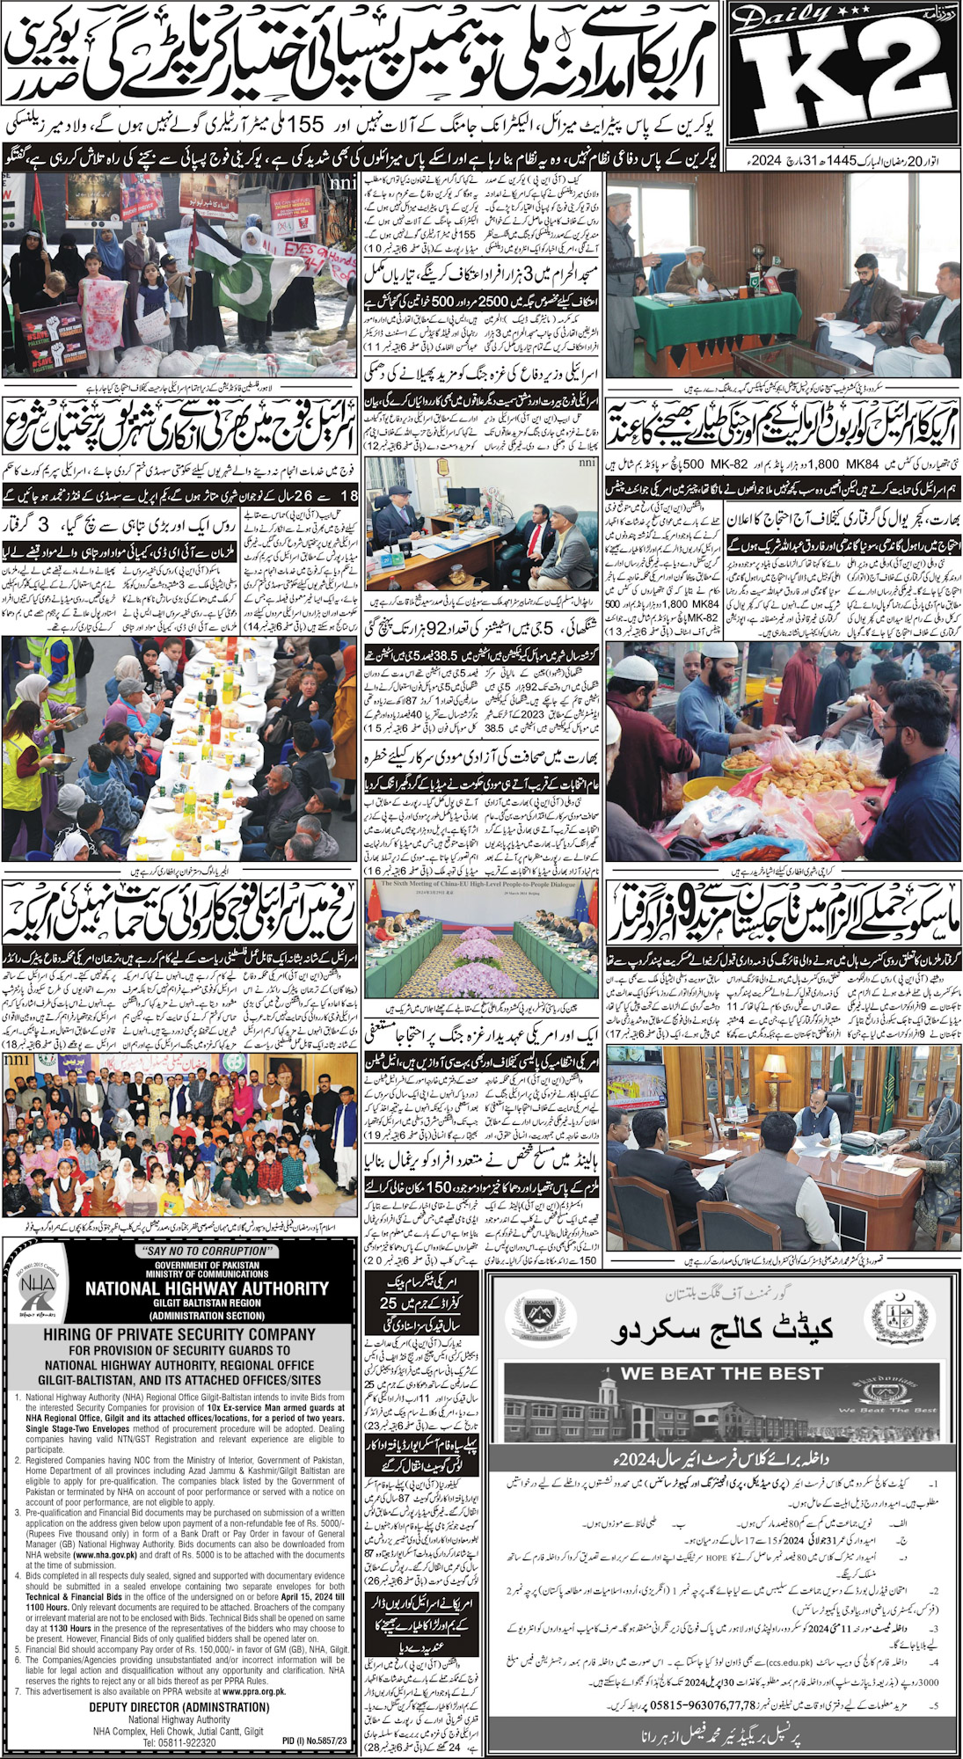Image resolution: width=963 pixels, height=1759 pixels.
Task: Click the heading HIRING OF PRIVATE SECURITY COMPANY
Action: [179, 1334]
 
